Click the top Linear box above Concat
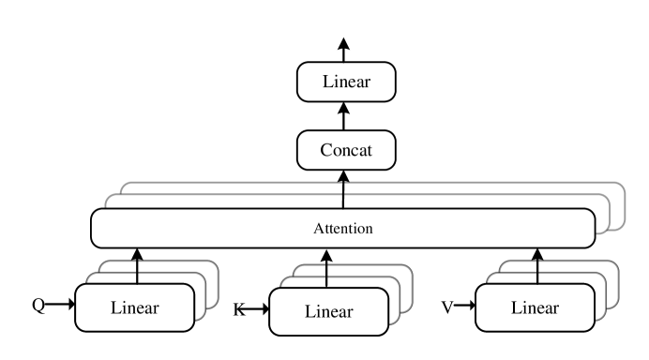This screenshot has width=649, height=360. click(x=346, y=82)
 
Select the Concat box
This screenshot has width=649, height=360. click(x=346, y=151)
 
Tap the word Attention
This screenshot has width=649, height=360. click(x=342, y=228)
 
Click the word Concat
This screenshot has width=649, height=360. click(x=346, y=151)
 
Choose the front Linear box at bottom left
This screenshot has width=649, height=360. click(x=134, y=307)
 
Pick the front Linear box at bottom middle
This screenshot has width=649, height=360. click(x=328, y=311)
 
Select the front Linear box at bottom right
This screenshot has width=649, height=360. click(x=535, y=307)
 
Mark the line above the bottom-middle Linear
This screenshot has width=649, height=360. click(x=326, y=276)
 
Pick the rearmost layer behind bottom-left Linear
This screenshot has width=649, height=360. click(x=212, y=272)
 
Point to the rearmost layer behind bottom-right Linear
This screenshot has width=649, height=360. click(x=612, y=272)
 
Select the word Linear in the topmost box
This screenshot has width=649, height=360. click(x=346, y=82)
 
